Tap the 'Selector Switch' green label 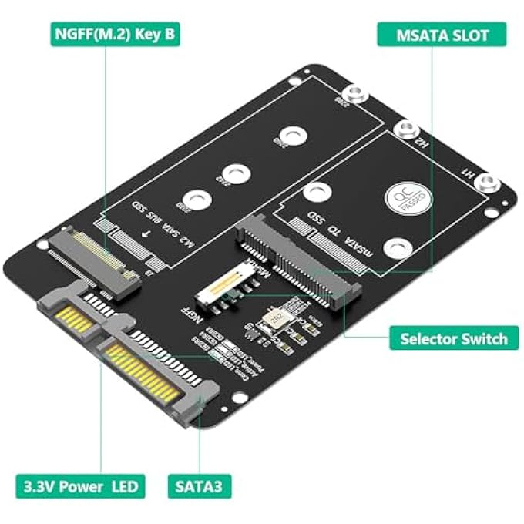click(453, 338)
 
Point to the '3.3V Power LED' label click(79, 486)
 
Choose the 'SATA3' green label click(200, 486)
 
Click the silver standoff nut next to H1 click(486, 183)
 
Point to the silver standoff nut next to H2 click(405, 129)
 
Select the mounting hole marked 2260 click(291, 134)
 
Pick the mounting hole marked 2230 click(198, 200)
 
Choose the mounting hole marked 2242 click(233, 174)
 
